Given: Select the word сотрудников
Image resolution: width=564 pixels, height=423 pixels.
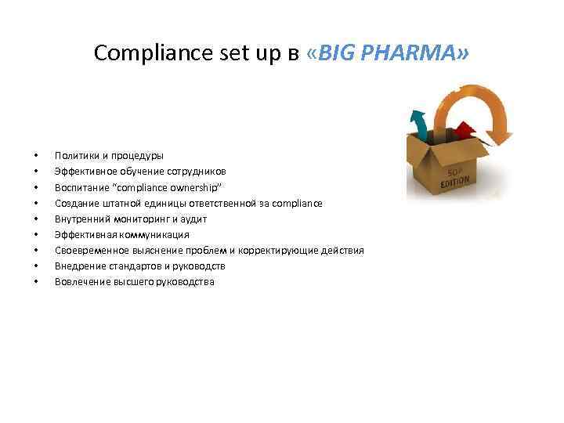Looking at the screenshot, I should coord(195,172).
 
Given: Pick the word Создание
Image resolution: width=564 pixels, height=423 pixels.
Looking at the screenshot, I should coord(77,203).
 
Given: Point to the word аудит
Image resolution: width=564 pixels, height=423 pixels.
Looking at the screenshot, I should coord(193,219).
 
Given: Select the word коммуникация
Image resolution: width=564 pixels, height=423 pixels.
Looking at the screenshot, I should coord(153,234).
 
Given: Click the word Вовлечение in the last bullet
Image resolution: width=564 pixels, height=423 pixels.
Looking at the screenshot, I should coord(81,281).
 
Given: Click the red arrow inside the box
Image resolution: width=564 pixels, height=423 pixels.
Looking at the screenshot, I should coord(464,129).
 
